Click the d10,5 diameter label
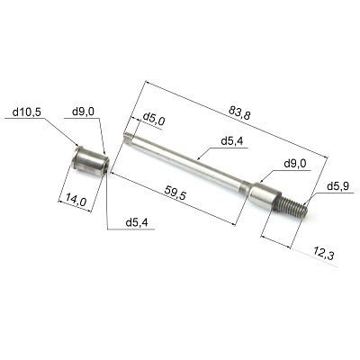26,112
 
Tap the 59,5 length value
175,193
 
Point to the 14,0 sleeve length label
76,200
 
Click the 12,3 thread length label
324,253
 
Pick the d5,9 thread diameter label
337,187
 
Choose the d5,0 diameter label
153,120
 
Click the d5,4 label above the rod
232,141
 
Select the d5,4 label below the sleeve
137,222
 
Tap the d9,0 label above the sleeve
83,112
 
